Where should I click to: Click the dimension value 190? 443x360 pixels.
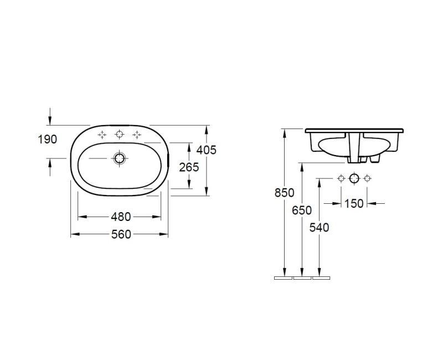(x=48, y=140)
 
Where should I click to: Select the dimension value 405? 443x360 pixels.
(x=206, y=150)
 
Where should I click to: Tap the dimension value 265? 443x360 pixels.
(x=189, y=167)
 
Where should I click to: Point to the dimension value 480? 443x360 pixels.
(x=120, y=217)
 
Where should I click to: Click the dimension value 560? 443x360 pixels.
(x=121, y=235)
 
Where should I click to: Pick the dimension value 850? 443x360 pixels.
(x=285, y=193)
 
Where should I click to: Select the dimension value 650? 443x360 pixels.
(x=302, y=210)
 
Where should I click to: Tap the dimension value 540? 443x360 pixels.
(x=320, y=227)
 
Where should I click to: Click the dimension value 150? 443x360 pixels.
(x=354, y=203)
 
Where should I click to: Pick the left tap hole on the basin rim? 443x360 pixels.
(x=102, y=135)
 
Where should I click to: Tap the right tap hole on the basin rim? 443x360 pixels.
(x=136, y=135)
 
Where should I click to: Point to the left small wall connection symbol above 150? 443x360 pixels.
(x=341, y=178)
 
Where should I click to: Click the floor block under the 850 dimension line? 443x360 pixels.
(x=283, y=277)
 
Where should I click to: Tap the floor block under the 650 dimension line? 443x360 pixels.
(x=302, y=277)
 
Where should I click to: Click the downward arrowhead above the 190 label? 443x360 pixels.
(x=50, y=120)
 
